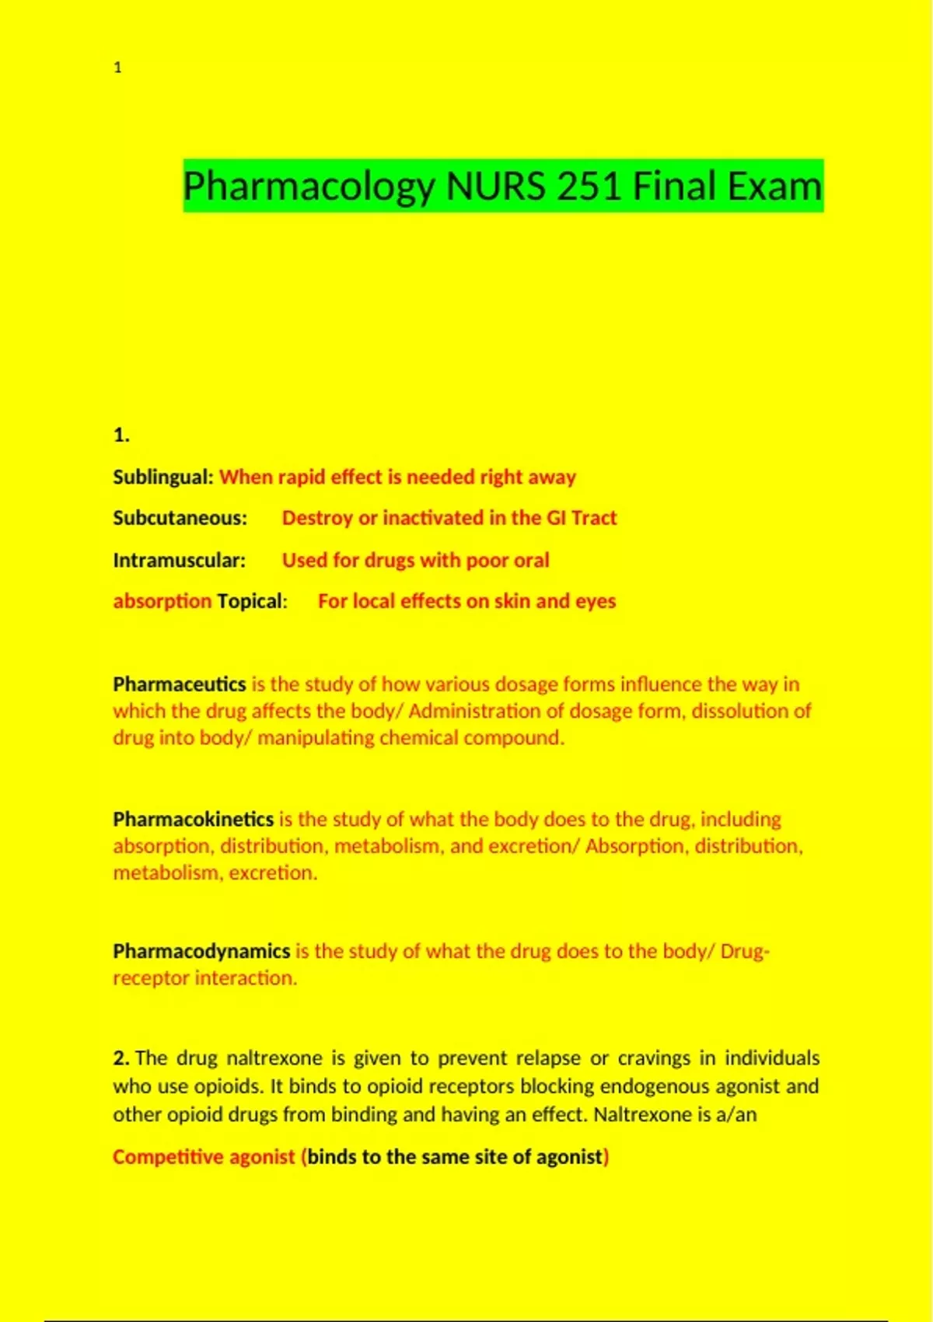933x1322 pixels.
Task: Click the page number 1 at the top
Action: click(x=117, y=68)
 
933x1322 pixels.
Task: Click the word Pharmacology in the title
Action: click(x=309, y=187)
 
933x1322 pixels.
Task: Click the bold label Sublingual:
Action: click(x=162, y=477)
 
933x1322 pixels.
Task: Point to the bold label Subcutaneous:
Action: click(x=180, y=518)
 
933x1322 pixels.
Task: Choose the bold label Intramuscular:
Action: click(x=179, y=560)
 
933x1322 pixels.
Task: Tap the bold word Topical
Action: click(x=250, y=601)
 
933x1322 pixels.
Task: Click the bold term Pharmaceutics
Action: click(x=179, y=684)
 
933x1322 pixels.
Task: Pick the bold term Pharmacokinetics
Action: click(x=193, y=819)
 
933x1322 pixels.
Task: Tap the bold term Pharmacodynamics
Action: click(x=201, y=951)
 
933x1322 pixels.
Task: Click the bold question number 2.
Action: click(x=121, y=1058)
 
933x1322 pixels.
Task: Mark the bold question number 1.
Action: click(x=121, y=435)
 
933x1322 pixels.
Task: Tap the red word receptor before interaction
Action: click(x=151, y=978)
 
